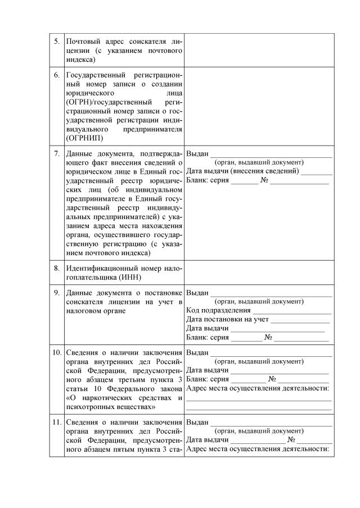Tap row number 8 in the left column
[x=56, y=268]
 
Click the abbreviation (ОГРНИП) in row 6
[x=84, y=138]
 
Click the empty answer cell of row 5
[x=259, y=50]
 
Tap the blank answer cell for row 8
[x=259, y=273]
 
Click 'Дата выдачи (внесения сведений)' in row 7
[x=242, y=171]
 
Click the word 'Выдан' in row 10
[x=197, y=353]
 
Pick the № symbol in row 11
[x=291, y=440]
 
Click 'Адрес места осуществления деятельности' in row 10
[x=258, y=388]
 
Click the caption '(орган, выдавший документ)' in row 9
[x=259, y=301]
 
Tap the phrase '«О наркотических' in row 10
[x=98, y=398]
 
